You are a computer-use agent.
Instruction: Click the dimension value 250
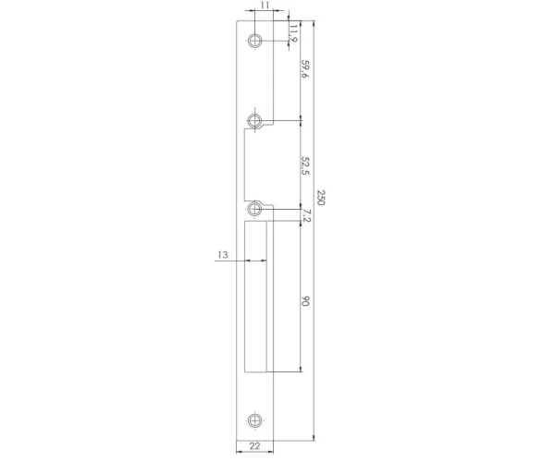(320, 198)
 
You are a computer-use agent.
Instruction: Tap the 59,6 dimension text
(304, 68)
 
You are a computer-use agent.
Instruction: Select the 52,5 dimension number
(304, 165)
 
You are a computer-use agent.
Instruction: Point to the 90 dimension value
(304, 301)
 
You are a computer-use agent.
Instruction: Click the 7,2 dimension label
(306, 215)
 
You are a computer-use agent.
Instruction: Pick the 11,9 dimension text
(293, 34)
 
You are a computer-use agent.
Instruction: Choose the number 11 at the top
(265, 6)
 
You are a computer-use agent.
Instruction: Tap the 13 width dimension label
(223, 254)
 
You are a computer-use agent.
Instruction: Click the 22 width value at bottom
(255, 446)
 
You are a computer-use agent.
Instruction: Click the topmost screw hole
(254, 41)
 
